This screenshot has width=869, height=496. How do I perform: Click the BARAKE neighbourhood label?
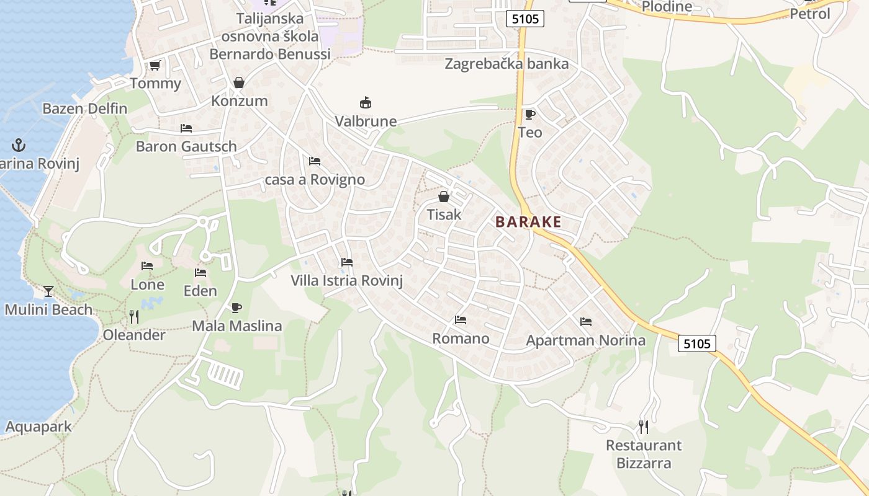pos(528,222)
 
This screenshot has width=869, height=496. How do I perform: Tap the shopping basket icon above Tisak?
pos(444,197)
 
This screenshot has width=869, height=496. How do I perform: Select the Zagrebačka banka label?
pos(507,64)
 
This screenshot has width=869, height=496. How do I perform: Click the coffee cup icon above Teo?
pos(529,114)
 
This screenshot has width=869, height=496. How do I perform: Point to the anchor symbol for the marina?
pos(19,146)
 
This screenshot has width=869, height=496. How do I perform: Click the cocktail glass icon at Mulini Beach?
pos(48,291)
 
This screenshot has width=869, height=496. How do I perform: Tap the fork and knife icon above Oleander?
pos(133,317)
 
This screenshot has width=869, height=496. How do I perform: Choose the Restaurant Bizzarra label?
pos(644,454)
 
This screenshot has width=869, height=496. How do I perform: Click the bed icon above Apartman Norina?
pos(585,322)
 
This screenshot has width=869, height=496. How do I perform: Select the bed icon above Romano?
pos(461,320)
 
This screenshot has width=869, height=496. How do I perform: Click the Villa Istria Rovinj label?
pos(347,281)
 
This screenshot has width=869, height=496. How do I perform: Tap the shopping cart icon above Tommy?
pos(155,66)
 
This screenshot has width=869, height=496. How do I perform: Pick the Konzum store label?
pos(240,101)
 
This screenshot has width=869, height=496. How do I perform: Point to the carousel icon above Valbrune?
pos(366,103)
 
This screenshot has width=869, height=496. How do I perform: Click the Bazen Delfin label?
pos(84,108)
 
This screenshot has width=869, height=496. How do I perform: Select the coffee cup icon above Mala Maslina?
pos(236,308)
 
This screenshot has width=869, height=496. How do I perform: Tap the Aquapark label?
pos(38,427)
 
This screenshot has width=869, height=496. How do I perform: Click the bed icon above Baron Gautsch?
pos(186,128)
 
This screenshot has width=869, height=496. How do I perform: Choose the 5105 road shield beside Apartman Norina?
pos(697,343)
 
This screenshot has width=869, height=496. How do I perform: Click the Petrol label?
pos(809,13)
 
